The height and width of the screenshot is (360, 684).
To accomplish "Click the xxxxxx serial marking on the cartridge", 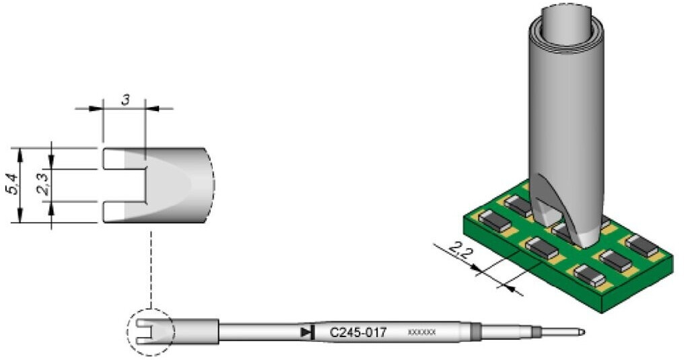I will coord(422,332).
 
